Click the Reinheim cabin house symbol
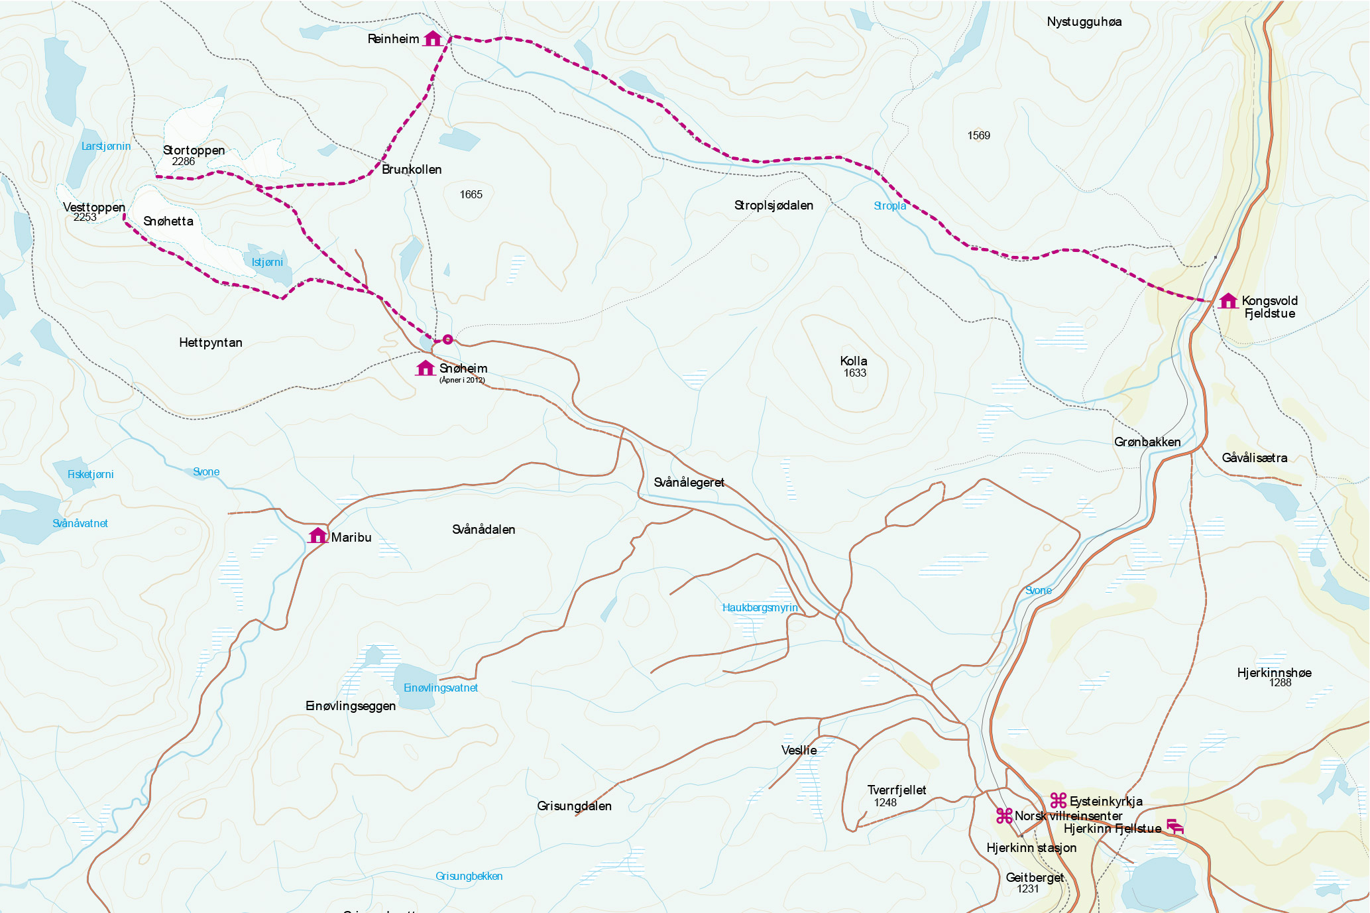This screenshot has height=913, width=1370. click(x=432, y=38)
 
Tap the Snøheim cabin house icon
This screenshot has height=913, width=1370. click(x=425, y=368)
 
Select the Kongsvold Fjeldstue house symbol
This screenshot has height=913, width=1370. click(x=1227, y=301)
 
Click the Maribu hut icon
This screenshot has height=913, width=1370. click(x=317, y=536)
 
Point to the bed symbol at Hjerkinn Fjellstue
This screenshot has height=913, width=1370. click(x=1174, y=827)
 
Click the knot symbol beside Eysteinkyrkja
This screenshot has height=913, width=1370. click(x=1058, y=800)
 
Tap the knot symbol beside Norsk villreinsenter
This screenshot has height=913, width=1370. click(x=1004, y=816)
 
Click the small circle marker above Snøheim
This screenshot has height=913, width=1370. click(x=447, y=339)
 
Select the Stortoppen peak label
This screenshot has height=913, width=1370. click(x=194, y=151)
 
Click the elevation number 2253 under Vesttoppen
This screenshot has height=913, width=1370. click(x=85, y=217)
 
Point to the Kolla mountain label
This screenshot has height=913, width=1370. click(x=853, y=361)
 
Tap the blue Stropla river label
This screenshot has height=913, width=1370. click(x=889, y=206)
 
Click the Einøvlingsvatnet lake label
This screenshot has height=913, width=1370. click(x=440, y=688)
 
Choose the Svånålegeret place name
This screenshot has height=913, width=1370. click(x=689, y=483)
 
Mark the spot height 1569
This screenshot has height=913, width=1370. click(x=978, y=136)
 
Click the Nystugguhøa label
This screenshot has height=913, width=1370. click(x=1084, y=22)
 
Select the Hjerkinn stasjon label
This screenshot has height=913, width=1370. click(x=1031, y=848)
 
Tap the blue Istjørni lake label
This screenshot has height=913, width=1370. click(x=267, y=263)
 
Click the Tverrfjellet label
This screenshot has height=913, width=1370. click(x=896, y=790)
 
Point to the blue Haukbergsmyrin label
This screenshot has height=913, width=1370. click(x=760, y=608)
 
